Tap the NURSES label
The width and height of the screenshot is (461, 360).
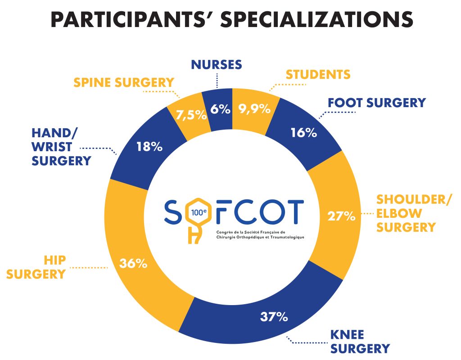(x=217, y=65)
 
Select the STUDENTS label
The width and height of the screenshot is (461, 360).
(x=318, y=74)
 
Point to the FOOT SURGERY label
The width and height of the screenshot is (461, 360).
(x=376, y=103)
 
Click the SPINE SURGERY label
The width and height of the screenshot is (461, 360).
(x=124, y=82)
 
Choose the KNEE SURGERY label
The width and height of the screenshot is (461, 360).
(x=360, y=342)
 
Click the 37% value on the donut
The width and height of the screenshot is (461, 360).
(x=274, y=317)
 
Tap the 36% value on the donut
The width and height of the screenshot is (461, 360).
(x=133, y=264)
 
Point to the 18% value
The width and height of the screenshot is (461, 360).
(x=149, y=147)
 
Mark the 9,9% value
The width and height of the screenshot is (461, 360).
(x=255, y=108)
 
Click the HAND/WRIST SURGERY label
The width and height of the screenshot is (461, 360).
(x=61, y=147)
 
